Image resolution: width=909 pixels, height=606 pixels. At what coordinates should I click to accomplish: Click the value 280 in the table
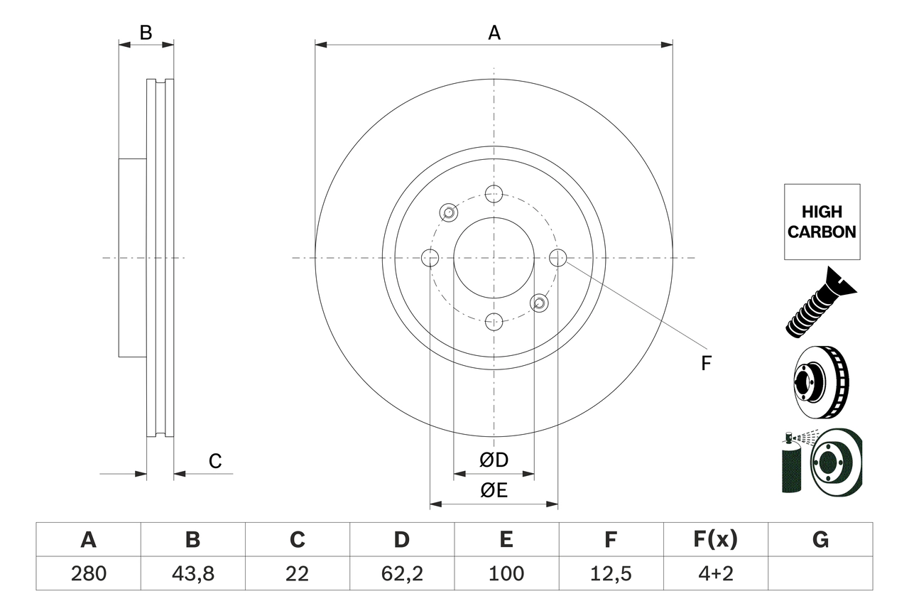[88, 573]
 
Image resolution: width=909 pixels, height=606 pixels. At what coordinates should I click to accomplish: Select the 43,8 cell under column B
[192, 573]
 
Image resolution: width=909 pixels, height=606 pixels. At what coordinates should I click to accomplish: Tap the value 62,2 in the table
[401, 573]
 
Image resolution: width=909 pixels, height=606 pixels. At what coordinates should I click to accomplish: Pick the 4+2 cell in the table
[715, 573]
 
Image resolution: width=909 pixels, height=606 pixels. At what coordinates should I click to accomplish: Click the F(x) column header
[715, 540]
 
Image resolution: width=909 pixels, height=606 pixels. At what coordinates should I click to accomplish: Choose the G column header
[820, 540]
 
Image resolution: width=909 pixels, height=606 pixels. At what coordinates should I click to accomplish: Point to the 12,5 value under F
[610, 573]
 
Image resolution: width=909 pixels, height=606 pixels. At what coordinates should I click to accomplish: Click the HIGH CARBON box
[822, 222]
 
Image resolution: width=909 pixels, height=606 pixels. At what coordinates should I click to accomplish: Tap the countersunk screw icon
[821, 302]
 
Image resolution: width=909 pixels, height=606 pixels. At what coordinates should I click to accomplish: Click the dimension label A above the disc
[494, 33]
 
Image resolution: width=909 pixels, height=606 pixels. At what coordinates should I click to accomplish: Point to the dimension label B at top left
[146, 33]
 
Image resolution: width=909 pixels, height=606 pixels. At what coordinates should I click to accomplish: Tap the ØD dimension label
[494, 460]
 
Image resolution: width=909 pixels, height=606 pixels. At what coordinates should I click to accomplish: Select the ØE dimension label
[494, 491]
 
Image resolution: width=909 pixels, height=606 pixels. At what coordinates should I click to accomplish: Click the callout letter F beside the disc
[705, 364]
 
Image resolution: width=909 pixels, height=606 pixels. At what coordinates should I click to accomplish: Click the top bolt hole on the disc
[494, 193]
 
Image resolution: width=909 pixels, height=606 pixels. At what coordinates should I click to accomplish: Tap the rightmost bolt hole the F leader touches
[558, 257]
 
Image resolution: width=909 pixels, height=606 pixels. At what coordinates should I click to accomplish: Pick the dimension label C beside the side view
[215, 461]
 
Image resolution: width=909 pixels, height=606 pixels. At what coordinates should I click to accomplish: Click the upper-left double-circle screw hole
[448, 212]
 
